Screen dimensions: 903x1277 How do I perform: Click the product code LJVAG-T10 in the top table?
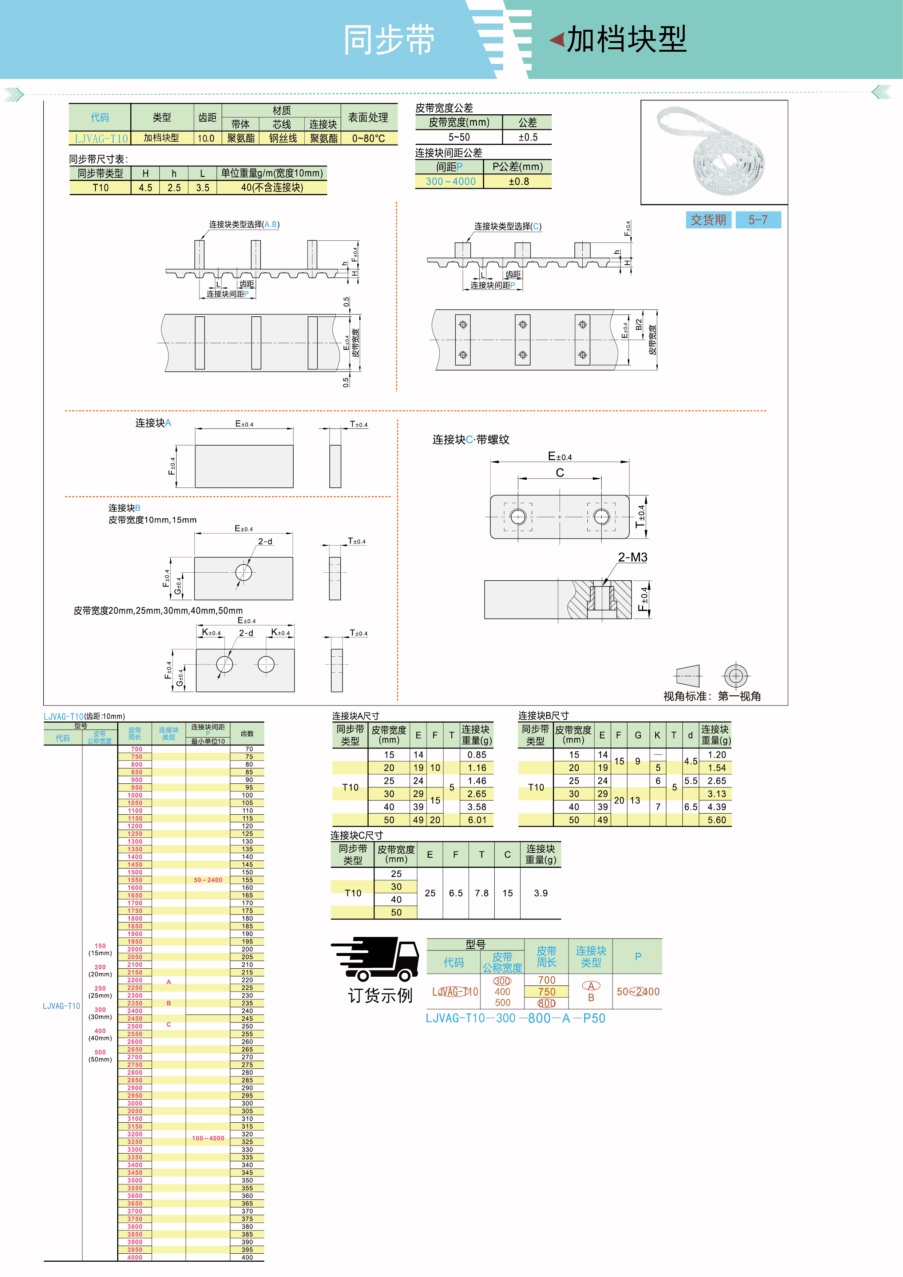click(101, 138)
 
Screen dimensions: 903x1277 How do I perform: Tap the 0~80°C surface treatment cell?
click(368, 138)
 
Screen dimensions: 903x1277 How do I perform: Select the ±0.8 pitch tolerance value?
click(518, 181)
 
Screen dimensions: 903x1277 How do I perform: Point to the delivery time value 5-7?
click(757, 220)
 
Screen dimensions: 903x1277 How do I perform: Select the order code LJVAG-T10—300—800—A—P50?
click(515, 1019)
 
